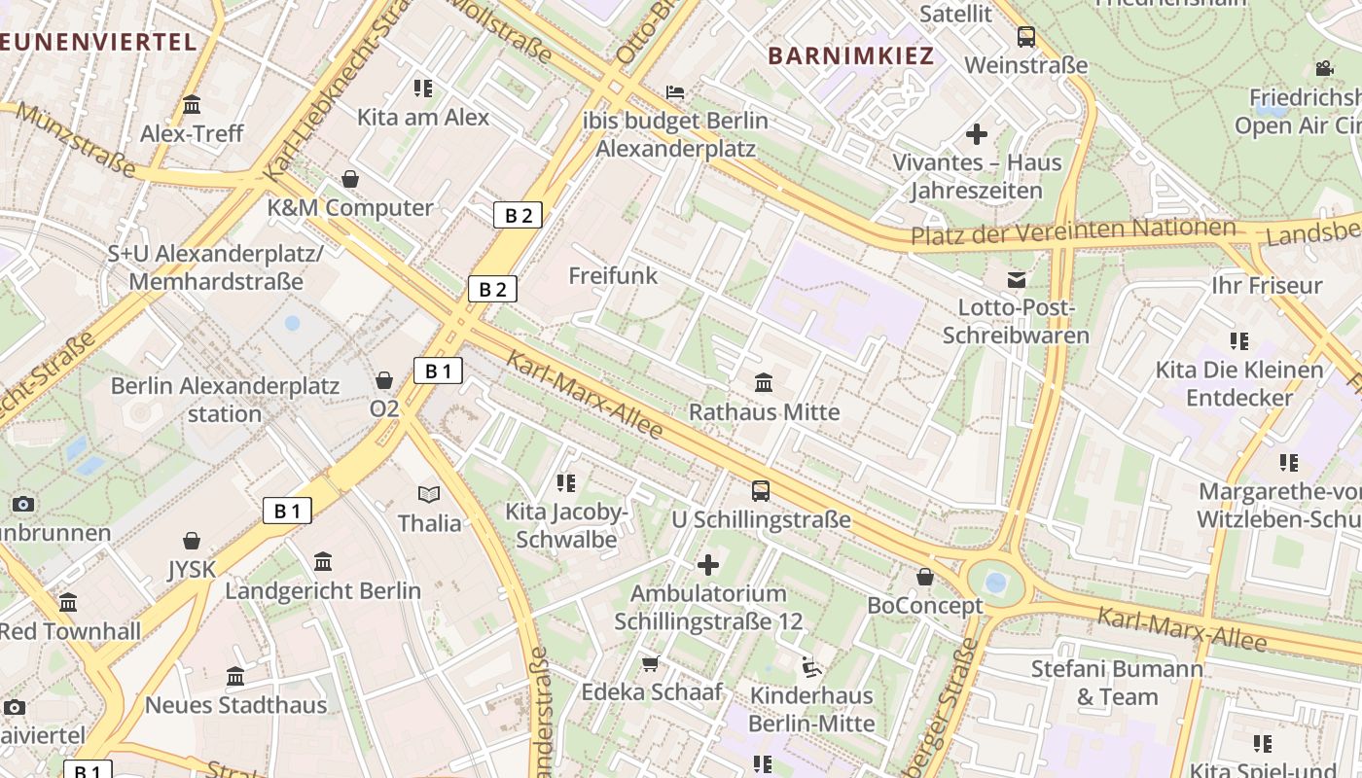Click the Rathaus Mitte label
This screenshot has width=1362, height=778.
click(x=764, y=411)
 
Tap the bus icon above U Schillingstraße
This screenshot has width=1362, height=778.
click(x=761, y=491)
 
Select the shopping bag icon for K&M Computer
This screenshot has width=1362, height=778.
click(x=350, y=179)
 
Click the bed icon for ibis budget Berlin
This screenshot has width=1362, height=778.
click(x=675, y=92)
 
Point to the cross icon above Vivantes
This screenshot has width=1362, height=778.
click(x=977, y=134)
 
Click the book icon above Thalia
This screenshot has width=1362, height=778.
click(x=429, y=494)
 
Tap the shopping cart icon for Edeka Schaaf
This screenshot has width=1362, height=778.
click(x=651, y=663)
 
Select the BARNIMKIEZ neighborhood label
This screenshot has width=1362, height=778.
click(x=850, y=55)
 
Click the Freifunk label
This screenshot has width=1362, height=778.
click(x=613, y=275)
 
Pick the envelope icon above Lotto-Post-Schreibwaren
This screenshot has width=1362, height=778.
click(x=1016, y=280)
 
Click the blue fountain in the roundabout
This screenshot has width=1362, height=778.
click(x=995, y=583)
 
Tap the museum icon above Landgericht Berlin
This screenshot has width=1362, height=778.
click(x=323, y=561)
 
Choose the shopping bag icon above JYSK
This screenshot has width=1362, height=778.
click(x=192, y=541)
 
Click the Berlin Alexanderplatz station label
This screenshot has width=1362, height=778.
click(x=225, y=399)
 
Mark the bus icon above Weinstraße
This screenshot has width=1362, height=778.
click(x=1025, y=37)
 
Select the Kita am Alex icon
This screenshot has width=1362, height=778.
click(x=422, y=88)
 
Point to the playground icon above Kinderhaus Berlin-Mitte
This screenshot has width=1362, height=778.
click(x=810, y=667)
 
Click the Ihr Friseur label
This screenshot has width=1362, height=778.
click(x=1266, y=285)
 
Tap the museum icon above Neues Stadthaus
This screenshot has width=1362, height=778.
click(x=235, y=676)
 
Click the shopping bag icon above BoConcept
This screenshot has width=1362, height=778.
click(x=925, y=577)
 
